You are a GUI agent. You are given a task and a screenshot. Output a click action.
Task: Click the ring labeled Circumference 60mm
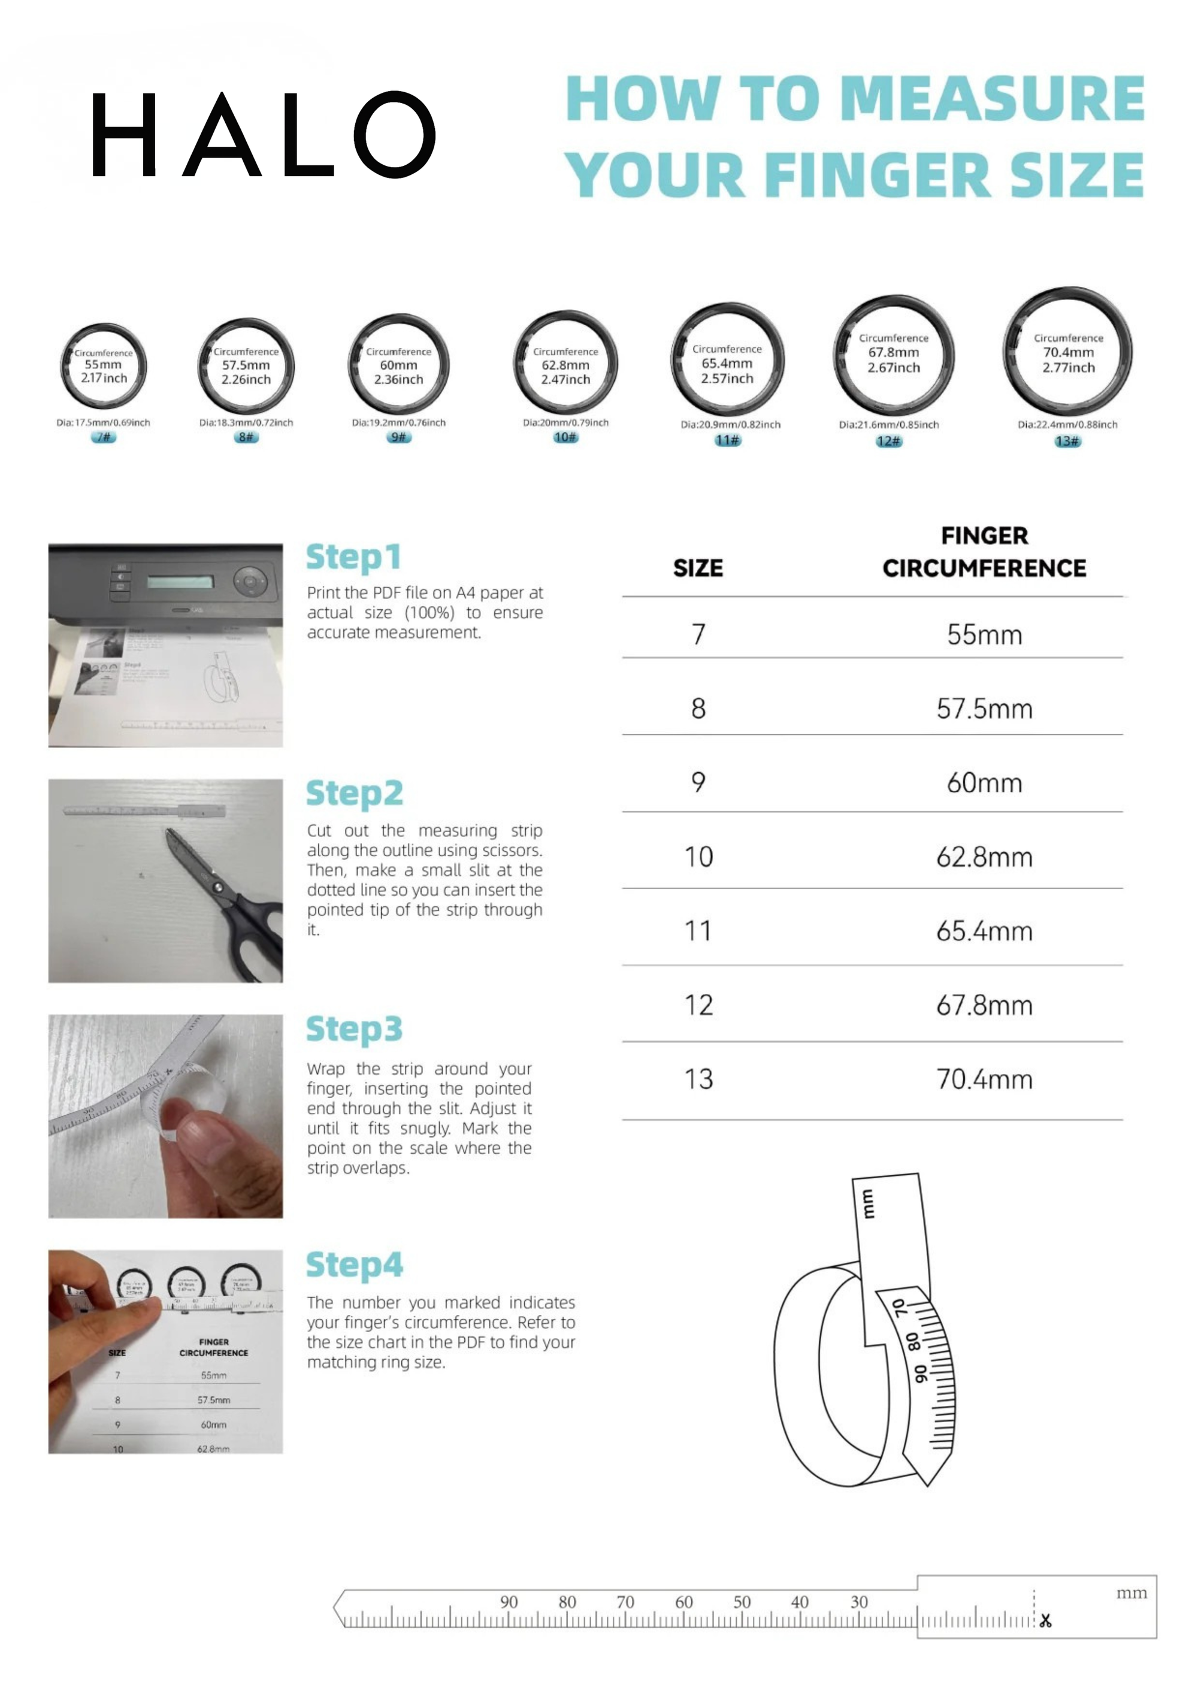pyautogui.click(x=398, y=365)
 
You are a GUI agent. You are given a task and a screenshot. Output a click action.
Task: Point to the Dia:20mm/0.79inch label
pyautogui.click(x=565, y=423)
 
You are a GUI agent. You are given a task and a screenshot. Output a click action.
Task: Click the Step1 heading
pyautogui.click(x=354, y=557)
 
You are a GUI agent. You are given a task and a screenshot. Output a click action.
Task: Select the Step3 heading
pyautogui.click(x=355, y=1030)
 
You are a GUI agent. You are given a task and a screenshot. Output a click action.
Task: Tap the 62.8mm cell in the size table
pyautogui.click(x=984, y=857)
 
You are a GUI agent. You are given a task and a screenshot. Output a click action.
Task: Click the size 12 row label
pyautogui.click(x=698, y=1005)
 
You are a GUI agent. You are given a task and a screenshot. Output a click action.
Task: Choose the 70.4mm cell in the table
pyautogui.click(x=984, y=1079)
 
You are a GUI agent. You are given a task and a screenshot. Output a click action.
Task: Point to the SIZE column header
pyautogui.click(x=698, y=568)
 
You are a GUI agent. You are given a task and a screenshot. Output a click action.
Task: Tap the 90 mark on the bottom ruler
pyautogui.click(x=509, y=1602)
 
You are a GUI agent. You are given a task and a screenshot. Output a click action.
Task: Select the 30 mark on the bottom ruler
pyautogui.click(x=859, y=1602)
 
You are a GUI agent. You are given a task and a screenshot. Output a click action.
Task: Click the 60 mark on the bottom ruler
pyautogui.click(x=683, y=1602)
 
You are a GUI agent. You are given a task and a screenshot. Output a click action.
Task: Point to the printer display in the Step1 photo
pyautogui.click(x=180, y=581)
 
